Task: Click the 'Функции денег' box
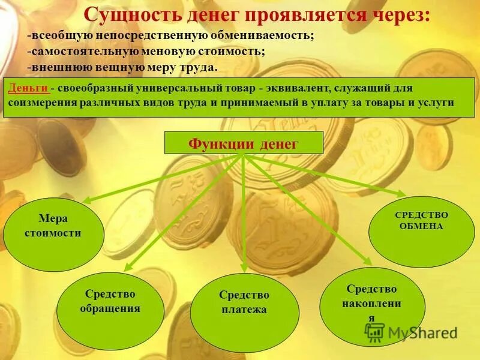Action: tap(243, 143)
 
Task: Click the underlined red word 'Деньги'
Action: tap(28, 88)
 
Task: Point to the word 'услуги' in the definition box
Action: tap(437, 103)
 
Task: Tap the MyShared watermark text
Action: tap(423, 332)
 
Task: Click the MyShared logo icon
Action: tap(375, 332)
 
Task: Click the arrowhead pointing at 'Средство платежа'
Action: tap(244, 269)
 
